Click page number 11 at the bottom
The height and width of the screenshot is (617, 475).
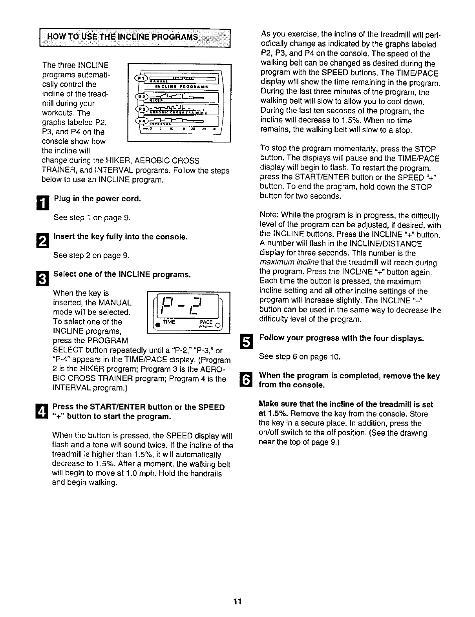(x=237, y=602)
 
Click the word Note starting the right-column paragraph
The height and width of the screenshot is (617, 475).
(x=267, y=215)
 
